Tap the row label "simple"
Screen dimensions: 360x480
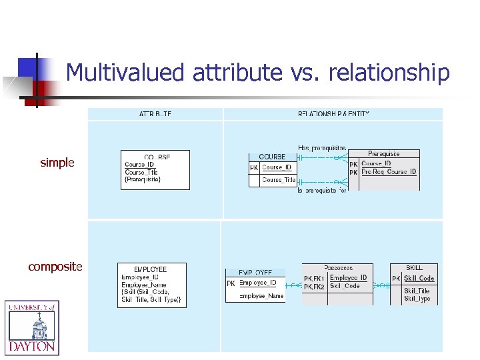[57, 163]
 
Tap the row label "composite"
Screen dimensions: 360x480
[55, 267]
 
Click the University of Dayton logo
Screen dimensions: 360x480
[32, 327]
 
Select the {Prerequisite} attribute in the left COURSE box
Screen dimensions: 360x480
[143, 179]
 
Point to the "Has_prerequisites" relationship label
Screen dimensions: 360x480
[322, 147]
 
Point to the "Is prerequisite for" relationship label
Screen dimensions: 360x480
[322, 190]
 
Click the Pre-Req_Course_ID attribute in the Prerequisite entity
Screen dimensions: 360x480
[389, 172]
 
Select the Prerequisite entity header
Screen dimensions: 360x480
[384, 154]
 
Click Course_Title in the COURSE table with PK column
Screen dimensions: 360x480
[279, 180]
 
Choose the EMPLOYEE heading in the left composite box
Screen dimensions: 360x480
[151, 269]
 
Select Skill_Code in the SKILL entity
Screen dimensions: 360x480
[419, 279]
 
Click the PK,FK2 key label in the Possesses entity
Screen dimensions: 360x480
[314, 287]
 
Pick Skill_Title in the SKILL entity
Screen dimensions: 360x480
[417, 291]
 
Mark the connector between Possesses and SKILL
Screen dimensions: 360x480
[381, 285]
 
